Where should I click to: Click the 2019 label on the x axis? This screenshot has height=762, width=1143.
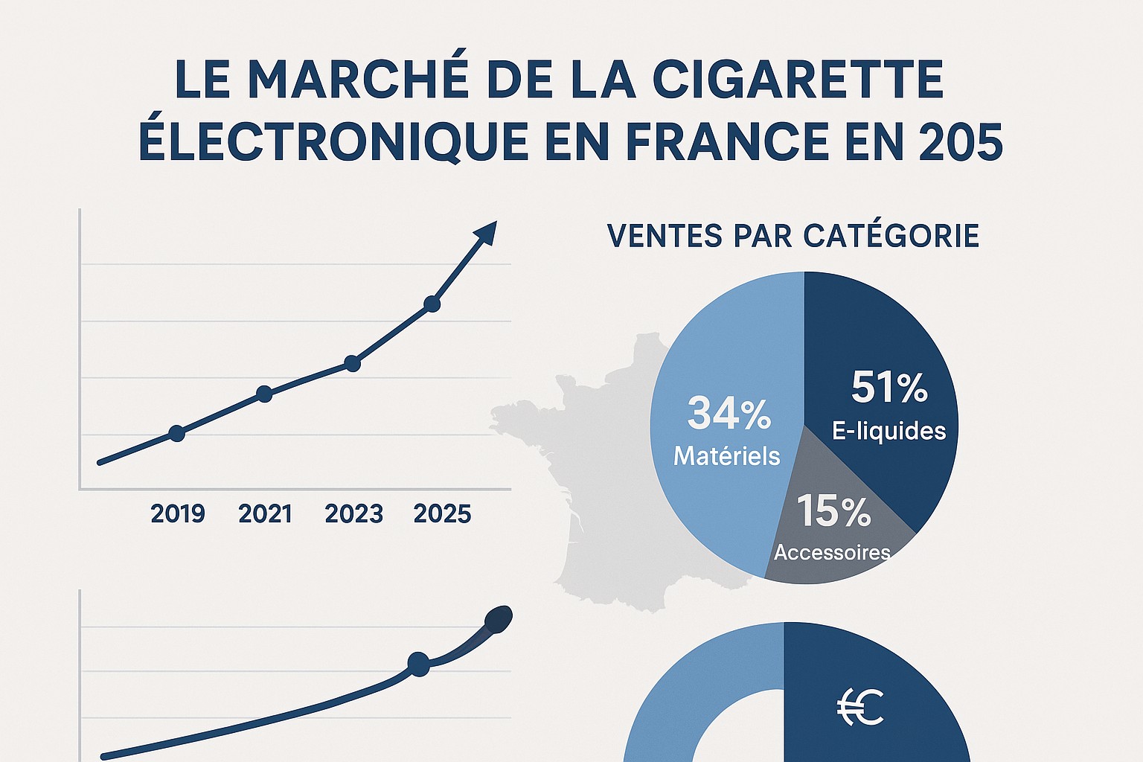coord(177,513)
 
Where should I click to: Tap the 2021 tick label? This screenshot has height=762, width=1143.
coord(265,513)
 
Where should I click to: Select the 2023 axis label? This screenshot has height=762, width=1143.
coord(353,513)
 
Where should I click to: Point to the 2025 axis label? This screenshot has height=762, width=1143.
coord(442,513)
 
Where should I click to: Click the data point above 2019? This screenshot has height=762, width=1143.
coord(176,433)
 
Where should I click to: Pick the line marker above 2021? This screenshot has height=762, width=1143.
coord(264,394)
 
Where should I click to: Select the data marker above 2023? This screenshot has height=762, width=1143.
coord(353,364)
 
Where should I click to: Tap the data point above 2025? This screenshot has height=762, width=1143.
coord(432,304)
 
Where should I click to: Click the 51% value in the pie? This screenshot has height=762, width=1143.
coord(889,388)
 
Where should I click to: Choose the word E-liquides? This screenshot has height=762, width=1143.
coord(889,431)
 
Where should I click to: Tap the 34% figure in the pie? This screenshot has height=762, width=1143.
coord(729,414)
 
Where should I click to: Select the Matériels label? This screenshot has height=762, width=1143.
coord(726,455)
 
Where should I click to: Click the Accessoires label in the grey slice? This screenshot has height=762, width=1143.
coord(832,552)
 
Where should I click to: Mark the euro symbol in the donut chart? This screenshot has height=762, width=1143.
coord(859,707)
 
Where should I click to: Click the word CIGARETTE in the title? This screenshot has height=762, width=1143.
coord(798,79)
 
